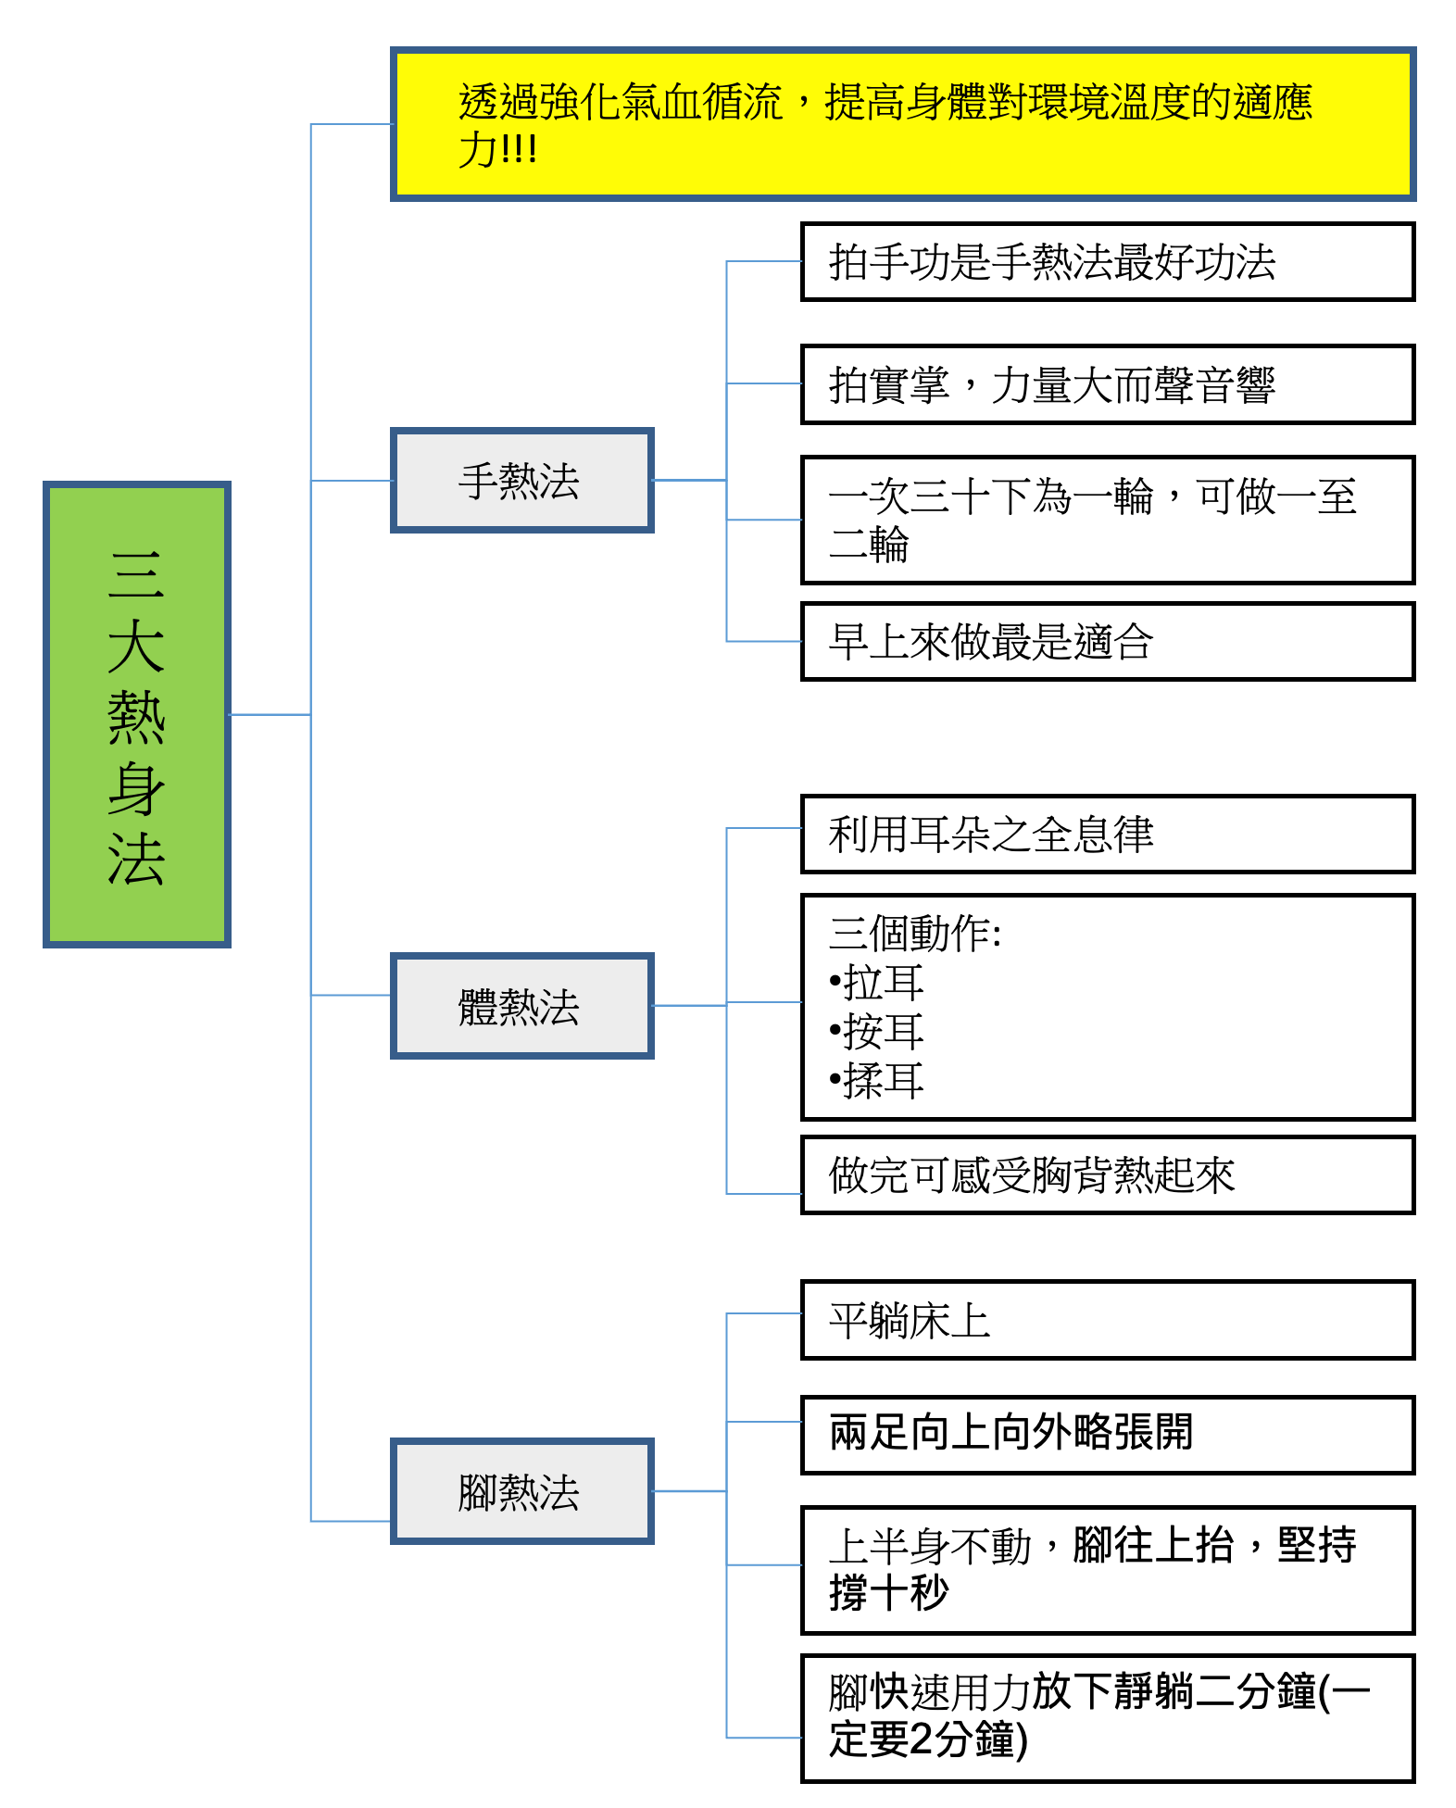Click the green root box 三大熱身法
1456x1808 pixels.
point(137,714)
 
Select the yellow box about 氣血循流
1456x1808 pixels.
point(903,124)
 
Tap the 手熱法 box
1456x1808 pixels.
point(522,480)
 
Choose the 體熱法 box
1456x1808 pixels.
point(522,1005)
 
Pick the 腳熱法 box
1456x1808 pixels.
point(522,1490)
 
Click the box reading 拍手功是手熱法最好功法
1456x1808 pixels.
point(1108,261)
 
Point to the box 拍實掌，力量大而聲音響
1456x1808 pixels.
point(1108,384)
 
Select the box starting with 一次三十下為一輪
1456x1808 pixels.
point(1108,520)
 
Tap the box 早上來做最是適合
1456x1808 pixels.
point(1108,641)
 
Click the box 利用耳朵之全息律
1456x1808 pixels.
point(1108,834)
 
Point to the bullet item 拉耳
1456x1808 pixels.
point(876,983)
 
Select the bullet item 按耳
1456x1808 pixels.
point(876,1032)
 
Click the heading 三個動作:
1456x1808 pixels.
point(915,934)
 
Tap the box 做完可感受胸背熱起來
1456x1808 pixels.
point(1108,1174)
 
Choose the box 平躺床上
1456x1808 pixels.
point(1108,1320)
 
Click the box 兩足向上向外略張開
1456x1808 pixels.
point(1108,1435)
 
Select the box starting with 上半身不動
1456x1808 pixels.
point(1108,1570)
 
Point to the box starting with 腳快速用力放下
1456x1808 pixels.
point(1108,1718)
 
